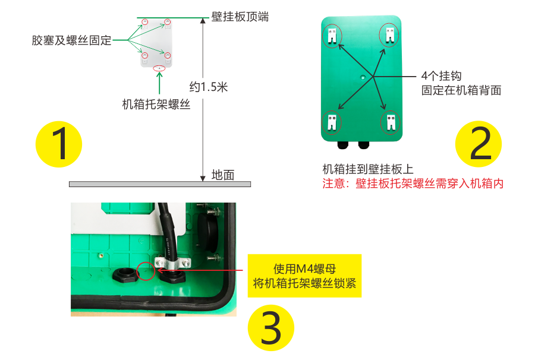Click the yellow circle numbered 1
[x=58, y=144]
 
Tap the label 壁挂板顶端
[x=240, y=17]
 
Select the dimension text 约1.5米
[x=209, y=87]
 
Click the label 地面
[x=223, y=175]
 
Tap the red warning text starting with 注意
[x=413, y=184]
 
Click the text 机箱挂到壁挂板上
[x=363, y=169]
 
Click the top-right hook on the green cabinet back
[x=389, y=34]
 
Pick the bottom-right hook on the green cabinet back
[x=389, y=122]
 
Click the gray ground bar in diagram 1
[x=159, y=184]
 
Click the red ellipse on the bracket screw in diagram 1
[x=159, y=68]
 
